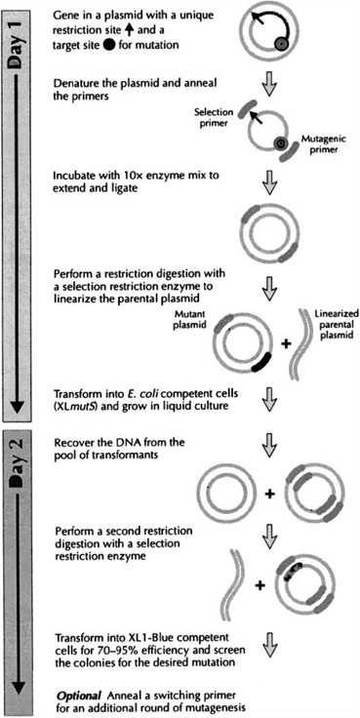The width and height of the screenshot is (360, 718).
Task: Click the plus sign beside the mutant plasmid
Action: tap(295, 340)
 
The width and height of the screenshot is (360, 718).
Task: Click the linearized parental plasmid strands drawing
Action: tap(326, 341)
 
